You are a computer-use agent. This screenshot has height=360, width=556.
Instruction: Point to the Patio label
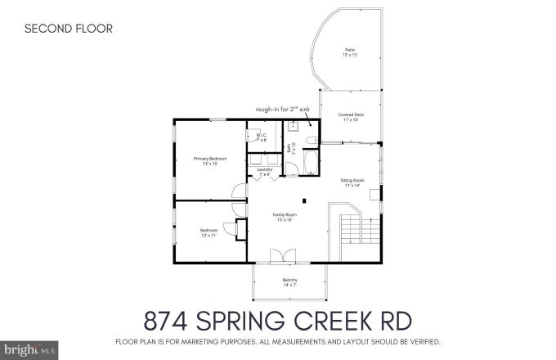coord(349,53)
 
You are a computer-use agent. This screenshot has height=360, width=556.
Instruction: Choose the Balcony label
coord(289,283)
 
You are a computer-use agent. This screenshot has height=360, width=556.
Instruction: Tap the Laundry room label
coord(264,172)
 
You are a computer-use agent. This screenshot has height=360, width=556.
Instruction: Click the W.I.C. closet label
coord(262,138)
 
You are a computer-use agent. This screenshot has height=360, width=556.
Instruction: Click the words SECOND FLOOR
coord(68,29)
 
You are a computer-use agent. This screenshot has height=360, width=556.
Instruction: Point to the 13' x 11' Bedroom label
coord(209,232)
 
